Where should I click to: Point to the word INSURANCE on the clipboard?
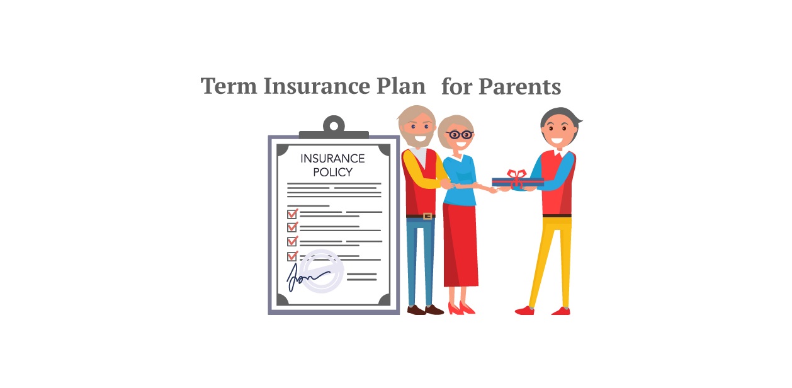click(332, 158)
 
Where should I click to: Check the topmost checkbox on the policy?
click(292, 214)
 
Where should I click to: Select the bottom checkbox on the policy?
click(292, 256)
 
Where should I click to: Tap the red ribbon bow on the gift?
click(516, 176)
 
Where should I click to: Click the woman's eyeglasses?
click(460, 134)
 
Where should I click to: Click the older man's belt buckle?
click(427, 216)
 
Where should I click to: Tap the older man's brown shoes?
click(425, 309)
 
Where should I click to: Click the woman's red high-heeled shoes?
click(461, 308)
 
